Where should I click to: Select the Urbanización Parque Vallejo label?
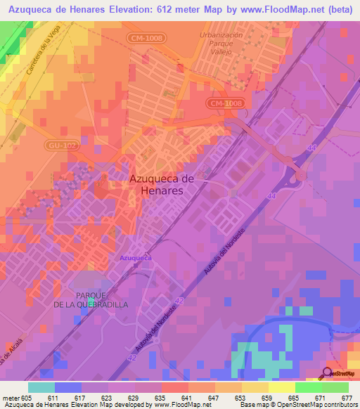click(x=221, y=43)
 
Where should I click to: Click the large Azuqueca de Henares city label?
click(x=162, y=185)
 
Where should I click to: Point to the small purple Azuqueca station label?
click(x=136, y=258)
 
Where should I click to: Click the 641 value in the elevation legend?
click(x=187, y=397)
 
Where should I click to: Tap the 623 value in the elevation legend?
click(x=107, y=397)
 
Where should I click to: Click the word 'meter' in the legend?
click(x=11, y=397)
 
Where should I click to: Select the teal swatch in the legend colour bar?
click(x=41, y=387)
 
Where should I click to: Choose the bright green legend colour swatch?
click(x=308, y=387)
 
